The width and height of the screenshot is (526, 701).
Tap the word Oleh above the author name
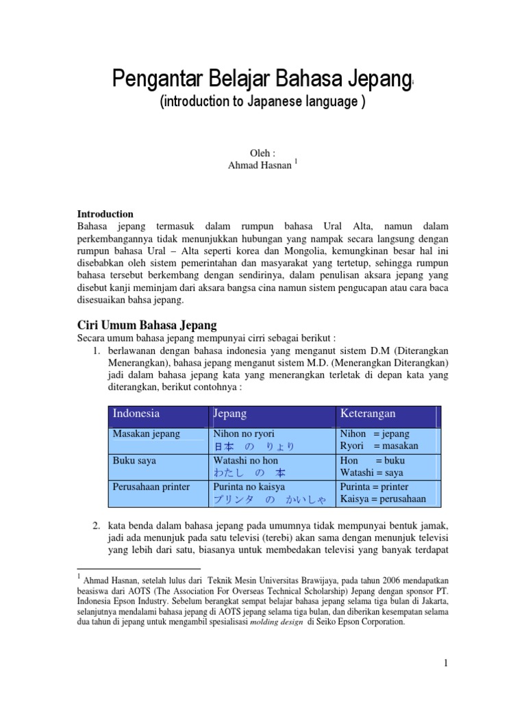262,153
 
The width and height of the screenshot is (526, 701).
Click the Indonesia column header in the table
136,413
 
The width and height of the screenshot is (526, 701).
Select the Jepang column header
230,413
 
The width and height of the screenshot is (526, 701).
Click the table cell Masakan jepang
147,433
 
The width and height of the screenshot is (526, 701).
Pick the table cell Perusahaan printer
151,487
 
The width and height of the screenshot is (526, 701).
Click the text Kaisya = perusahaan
383,499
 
